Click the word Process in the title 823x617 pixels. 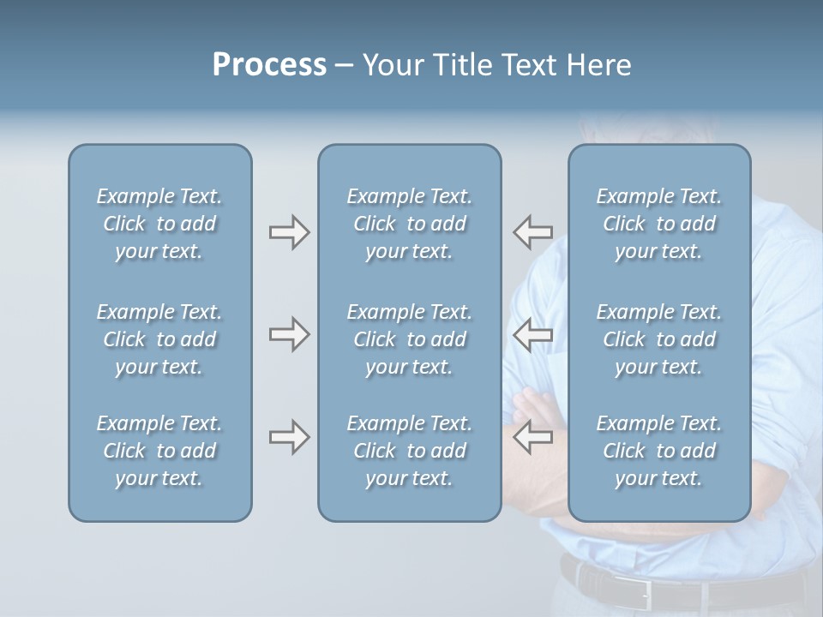click(x=269, y=65)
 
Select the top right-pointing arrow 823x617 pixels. click(x=289, y=232)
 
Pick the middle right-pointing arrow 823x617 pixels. click(x=289, y=334)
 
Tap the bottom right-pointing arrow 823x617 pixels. click(x=289, y=437)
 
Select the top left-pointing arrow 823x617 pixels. click(x=532, y=232)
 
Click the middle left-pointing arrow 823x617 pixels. click(x=532, y=334)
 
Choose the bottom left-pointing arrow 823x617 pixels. click(x=532, y=437)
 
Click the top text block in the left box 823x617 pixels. click(x=159, y=224)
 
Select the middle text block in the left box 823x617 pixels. click(x=159, y=339)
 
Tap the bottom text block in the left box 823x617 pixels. click(x=159, y=451)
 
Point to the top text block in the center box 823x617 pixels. click(x=409, y=224)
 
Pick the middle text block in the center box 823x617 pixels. click(x=409, y=339)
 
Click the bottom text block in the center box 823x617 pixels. click(x=409, y=451)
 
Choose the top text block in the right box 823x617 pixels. click(x=658, y=224)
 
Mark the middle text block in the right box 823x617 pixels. click(x=658, y=339)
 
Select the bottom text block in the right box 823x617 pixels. click(x=658, y=451)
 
